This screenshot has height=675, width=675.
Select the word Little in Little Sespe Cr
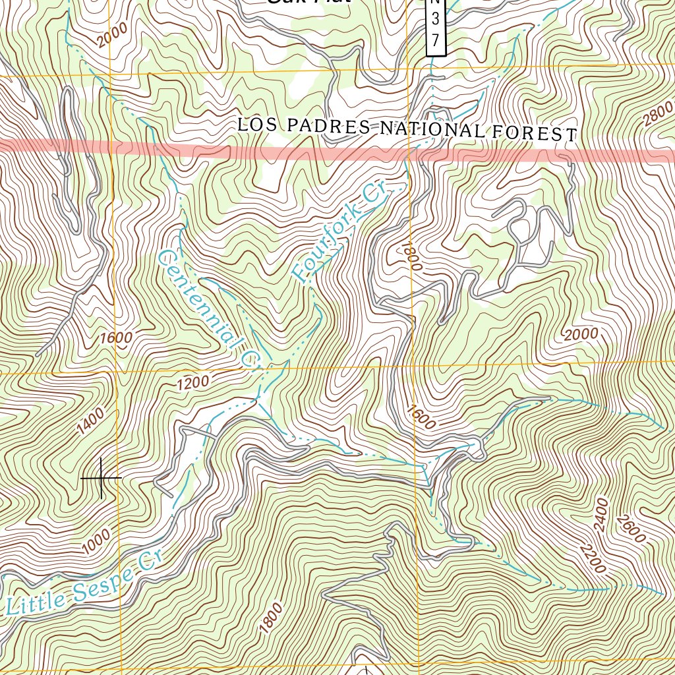[x=37, y=600]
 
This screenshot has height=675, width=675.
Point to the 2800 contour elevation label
[x=658, y=113]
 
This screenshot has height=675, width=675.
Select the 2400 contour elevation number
[x=600, y=514]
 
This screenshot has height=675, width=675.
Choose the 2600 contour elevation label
[x=631, y=528]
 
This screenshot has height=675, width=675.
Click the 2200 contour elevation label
[x=591, y=558]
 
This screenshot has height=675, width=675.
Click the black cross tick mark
[x=102, y=477]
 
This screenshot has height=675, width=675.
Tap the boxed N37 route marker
[x=436, y=26]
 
